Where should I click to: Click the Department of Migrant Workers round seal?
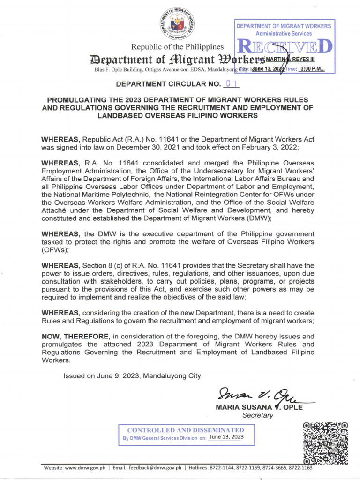[x=177, y=23]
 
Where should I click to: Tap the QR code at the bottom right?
[x=325, y=442]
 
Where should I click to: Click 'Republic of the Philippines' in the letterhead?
[x=177, y=48]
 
